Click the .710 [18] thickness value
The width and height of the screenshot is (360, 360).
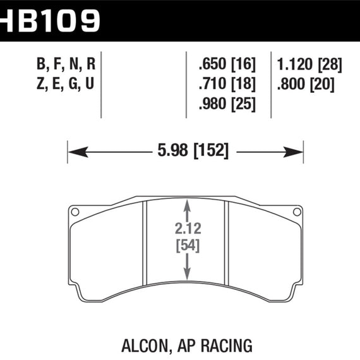click(226, 83)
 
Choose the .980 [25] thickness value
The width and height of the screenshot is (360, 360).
click(226, 104)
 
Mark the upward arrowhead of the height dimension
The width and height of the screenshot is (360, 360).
click(186, 205)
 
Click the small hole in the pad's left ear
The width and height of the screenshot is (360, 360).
click(75, 212)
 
